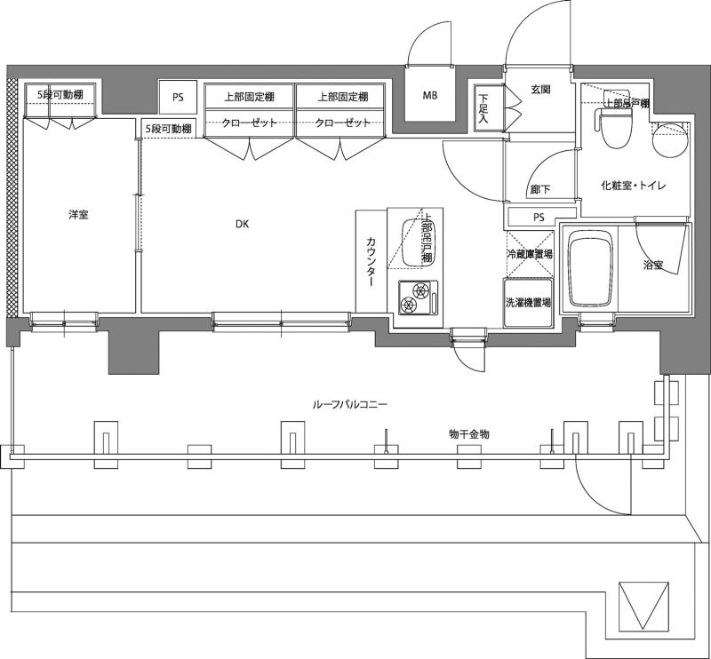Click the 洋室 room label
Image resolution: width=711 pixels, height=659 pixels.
point(78,215)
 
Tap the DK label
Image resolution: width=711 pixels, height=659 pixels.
point(242,224)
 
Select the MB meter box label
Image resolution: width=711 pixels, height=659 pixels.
point(430,96)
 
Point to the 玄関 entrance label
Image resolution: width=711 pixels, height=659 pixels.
point(540,90)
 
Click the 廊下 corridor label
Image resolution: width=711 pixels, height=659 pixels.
point(540,189)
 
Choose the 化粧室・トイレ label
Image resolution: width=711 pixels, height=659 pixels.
point(633,186)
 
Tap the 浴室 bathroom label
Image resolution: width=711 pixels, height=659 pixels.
point(653,266)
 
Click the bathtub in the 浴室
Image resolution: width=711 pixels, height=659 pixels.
point(592,269)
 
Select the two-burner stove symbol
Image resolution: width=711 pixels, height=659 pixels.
point(418,298)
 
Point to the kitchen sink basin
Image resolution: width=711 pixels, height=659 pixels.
point(411,242)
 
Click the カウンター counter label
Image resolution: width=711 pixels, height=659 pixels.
point(371,261)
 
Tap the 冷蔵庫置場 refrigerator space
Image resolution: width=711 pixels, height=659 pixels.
point(529,254)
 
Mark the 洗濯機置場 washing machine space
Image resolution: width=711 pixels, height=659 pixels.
point(528,302)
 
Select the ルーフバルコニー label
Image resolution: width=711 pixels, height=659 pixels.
point(349,404)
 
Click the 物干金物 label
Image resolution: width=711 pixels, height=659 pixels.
point(469,434)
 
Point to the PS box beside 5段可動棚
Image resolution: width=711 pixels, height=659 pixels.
point(178,97)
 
